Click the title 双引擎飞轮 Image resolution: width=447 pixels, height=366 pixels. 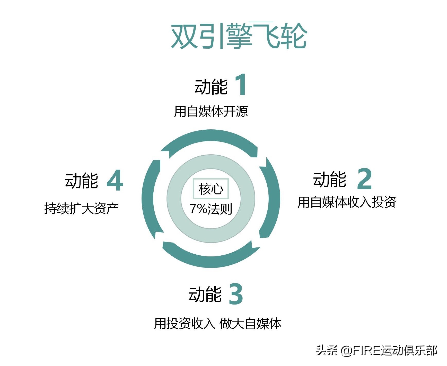[239, 36]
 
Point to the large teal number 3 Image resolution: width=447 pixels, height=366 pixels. [236, 294]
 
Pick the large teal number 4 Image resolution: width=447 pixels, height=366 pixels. [115, 180]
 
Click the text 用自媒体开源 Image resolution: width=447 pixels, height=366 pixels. [211, 112]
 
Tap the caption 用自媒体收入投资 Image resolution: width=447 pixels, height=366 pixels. [346, 202]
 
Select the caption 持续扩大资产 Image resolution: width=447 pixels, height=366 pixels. [81, 208]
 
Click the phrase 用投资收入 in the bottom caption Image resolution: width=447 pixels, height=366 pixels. [184, 324]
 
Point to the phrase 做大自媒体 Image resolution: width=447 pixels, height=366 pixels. [250, 324]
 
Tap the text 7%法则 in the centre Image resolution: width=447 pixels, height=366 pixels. [211, 209]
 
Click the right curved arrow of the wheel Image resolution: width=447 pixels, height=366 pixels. [273, 198]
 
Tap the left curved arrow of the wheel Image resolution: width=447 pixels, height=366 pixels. [149, 198]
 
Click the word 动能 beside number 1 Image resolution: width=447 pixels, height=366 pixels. [211, 87]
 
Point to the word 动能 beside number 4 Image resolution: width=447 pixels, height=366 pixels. [81, 181]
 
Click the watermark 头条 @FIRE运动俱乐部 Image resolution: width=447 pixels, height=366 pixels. [376, 350]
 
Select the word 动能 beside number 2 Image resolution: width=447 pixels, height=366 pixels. [329, 179]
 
